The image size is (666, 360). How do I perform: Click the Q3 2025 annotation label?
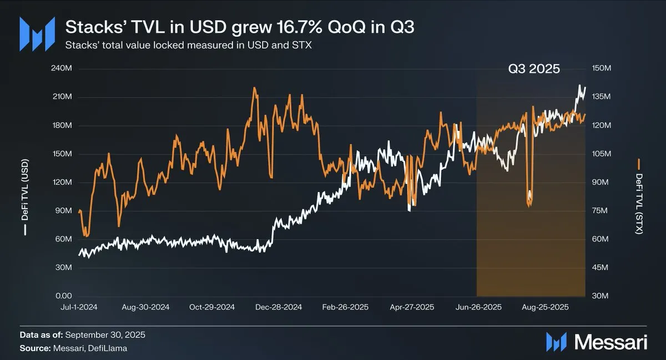click(534, 70)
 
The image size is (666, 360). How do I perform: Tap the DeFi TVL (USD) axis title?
click(25, 199)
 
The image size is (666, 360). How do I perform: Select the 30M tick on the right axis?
click(601, 296)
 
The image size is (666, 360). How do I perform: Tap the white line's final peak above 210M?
click(579, 86)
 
